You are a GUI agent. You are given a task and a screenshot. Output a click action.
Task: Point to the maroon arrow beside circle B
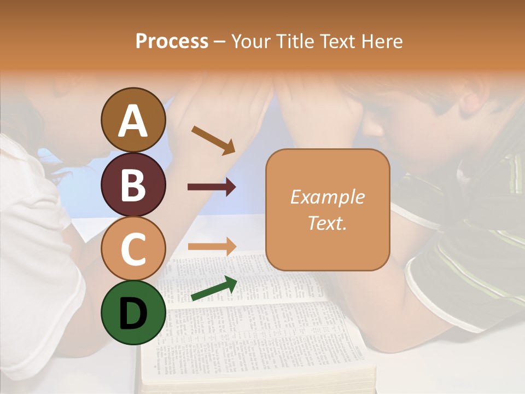tap(212, 187)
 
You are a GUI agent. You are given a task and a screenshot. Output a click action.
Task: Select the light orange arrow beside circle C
tap(212, 246)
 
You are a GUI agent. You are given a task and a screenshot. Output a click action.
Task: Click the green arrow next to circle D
tap(214, 289)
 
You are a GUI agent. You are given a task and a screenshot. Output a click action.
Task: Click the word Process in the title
tap(172, 41)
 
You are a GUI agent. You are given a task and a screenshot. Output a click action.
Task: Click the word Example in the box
tap(327, 197)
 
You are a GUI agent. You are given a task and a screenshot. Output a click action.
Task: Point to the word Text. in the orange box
tap(327, 223)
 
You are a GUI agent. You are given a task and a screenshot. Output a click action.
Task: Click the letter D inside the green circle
tap(133, 314)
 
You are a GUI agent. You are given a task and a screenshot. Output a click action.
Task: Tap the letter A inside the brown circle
tap(133, 121)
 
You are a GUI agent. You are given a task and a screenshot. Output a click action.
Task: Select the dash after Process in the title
tap(220, 42)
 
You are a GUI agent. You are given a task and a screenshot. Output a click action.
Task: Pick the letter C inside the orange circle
tap(133, 249)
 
